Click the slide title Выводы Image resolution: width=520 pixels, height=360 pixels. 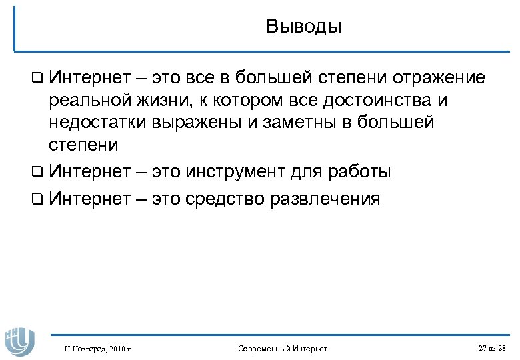(303, 27)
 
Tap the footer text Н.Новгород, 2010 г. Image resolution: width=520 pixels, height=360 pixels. (98, 349)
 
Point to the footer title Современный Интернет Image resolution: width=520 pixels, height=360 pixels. (283, 349)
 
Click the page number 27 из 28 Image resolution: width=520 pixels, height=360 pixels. (492, 348)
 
